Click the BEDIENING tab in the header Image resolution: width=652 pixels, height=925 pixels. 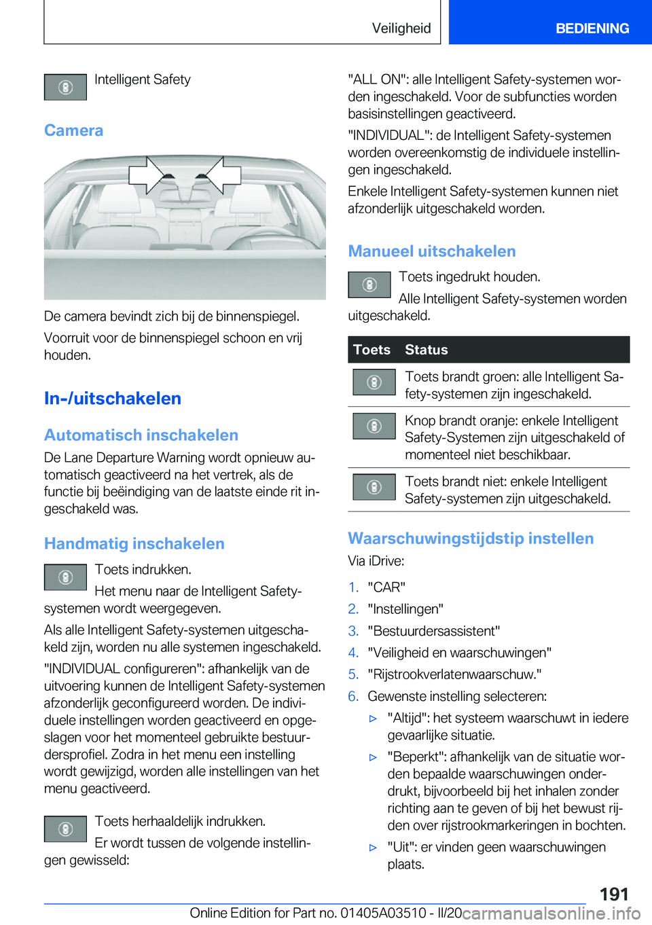(x=592, y=29)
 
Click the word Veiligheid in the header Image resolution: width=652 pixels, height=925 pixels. (x=401, y=29)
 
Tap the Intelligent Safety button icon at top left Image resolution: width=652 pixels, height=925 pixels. (x=65, y=87)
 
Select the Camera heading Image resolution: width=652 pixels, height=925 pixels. (x=73, y=130)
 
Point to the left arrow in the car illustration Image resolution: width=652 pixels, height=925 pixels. (x=148, y=175)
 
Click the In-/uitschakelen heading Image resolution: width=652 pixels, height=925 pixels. (x=113, y=398)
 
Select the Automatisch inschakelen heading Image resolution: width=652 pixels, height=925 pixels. (x=141, y=435)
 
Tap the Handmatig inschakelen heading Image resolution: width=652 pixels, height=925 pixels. (x=134, y=543)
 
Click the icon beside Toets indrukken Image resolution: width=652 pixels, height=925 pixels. (x=65, y=577)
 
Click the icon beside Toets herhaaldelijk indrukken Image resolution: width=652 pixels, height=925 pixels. (x=65, y=829)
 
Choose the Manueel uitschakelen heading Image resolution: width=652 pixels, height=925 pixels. (x=432, y=251)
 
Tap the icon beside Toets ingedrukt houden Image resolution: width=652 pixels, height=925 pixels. (x=369, y=285)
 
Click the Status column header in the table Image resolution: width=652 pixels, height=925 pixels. (x=427, y=350)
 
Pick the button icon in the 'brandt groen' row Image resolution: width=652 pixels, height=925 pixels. (x=374, y=382)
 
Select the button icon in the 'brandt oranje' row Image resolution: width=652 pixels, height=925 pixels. (x=374, y=426)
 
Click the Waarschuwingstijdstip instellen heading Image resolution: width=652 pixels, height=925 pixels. (x=471, y=539)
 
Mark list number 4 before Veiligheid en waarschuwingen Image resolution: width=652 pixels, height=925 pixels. (x=353, y=653)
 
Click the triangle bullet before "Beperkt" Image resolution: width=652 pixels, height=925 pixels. (x=373, y=757)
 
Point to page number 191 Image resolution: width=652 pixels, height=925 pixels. (x=614, y=894)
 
